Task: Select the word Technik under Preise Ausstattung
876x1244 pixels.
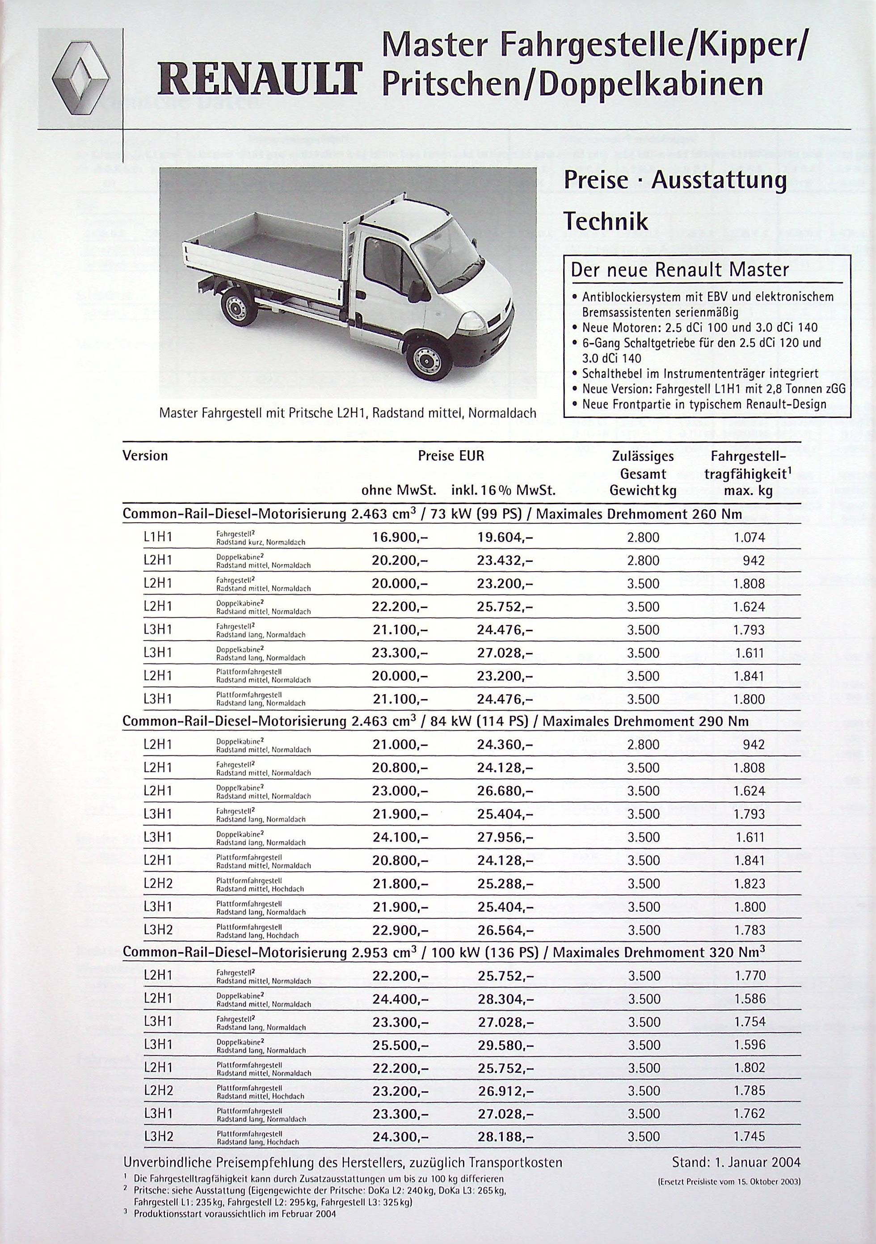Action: tap(606, 221)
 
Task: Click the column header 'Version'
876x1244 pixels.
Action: tap(145, 455)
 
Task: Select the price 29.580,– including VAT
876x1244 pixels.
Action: tap(505, 1045)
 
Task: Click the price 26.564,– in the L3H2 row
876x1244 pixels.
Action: tap(505, 930)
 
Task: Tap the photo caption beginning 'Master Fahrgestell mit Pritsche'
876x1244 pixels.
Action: tap(347, 413)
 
